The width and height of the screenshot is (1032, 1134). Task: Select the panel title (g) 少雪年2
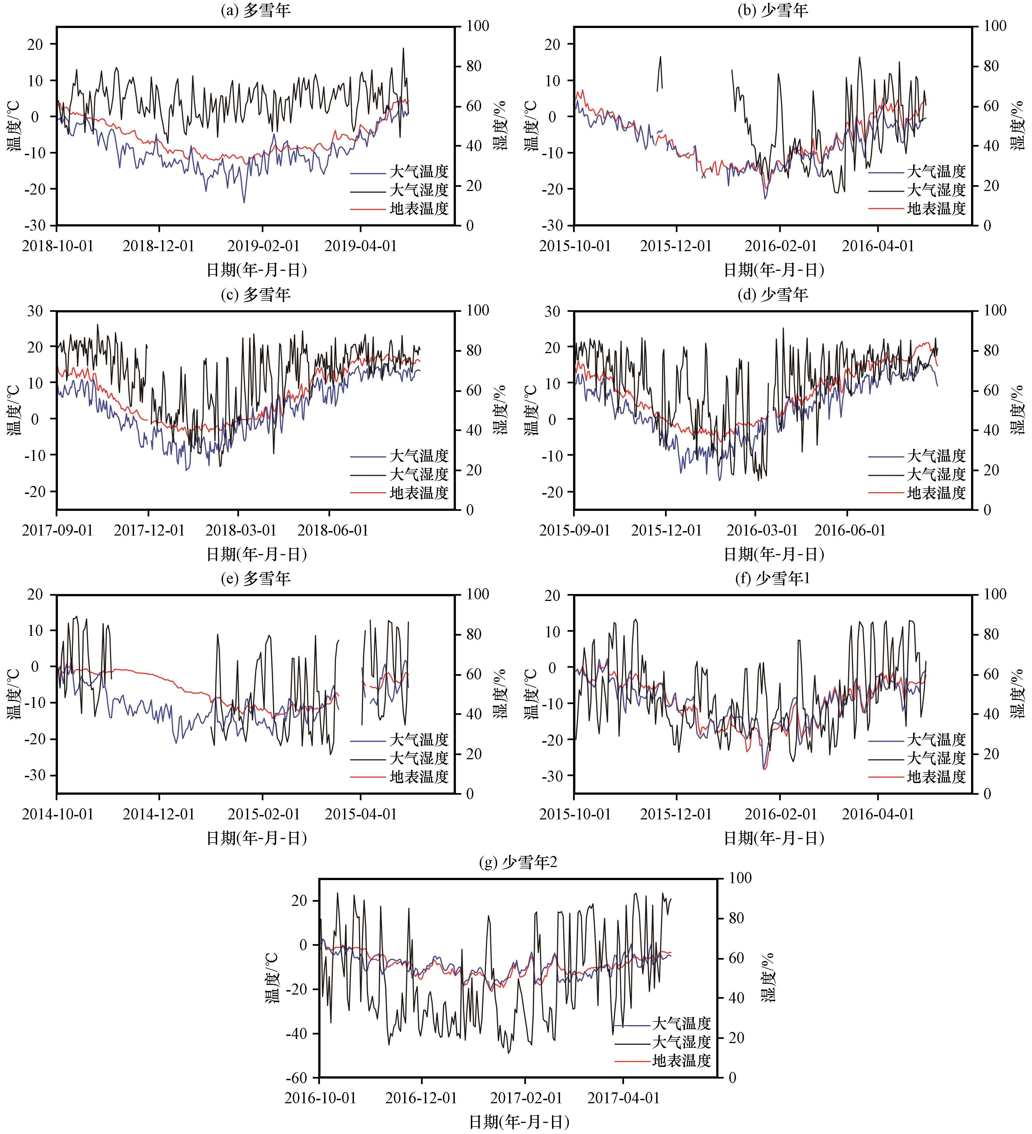(518, 862)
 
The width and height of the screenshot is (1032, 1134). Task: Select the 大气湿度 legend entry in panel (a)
(419, 190)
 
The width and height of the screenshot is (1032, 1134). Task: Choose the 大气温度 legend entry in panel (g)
(681, 1023)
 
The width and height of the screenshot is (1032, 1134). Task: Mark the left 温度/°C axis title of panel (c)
(14, 409)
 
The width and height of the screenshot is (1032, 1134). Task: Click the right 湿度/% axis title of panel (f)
(1017, 694)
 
